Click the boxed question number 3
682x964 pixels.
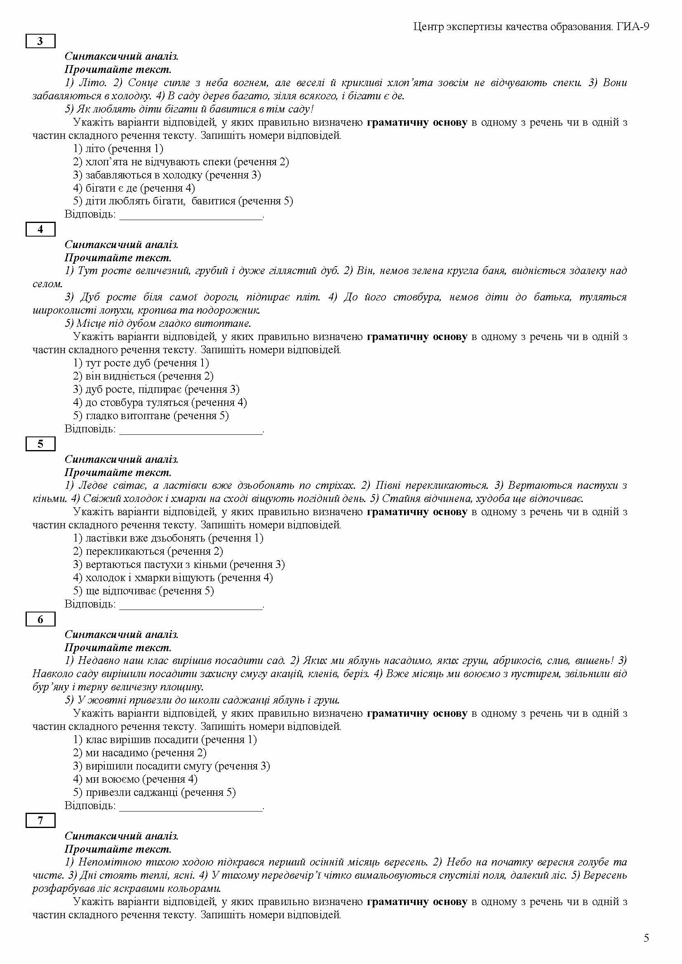tap(40, 41)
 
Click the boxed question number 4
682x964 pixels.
tap(40, 229)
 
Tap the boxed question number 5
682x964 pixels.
tap(40, 444)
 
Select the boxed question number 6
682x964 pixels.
tap(40, 619)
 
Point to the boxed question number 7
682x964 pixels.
tap(40, 820)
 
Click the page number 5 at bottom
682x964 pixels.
tap(646, 938)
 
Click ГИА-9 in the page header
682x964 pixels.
tap(633, 27)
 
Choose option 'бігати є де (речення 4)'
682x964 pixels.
tap(134, 188)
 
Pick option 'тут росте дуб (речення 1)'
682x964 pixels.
tap(141, 363)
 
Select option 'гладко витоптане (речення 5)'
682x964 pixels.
tap(151, 416)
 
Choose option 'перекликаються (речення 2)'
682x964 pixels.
tap(148, 551)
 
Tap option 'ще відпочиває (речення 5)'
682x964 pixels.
tap(143, 591)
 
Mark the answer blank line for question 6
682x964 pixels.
tap(191, 807)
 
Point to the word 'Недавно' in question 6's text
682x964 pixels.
tap(96, 660)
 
